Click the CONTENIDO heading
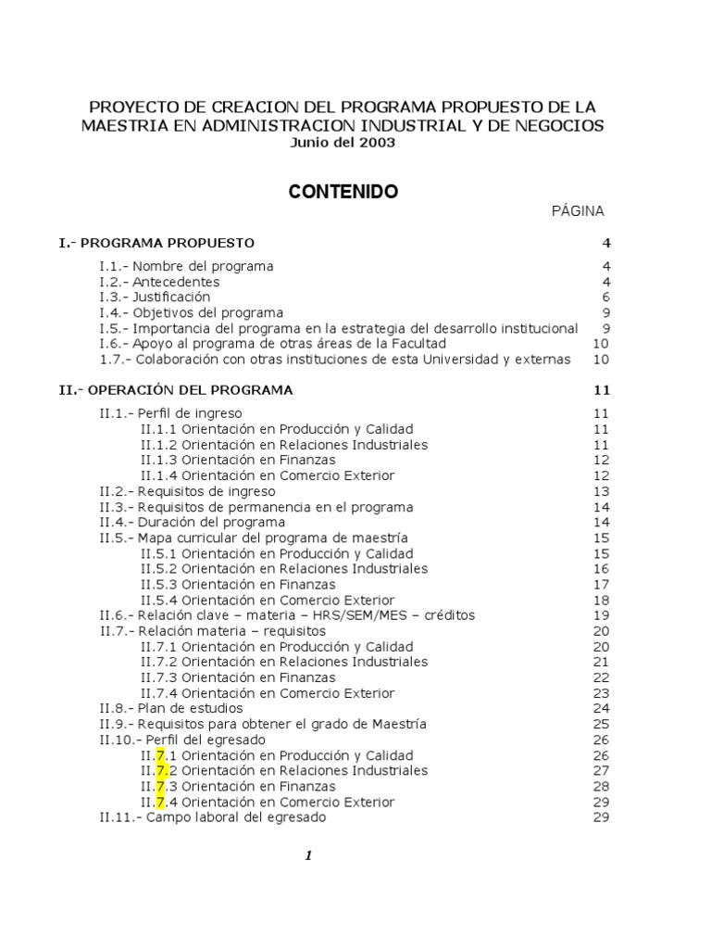point(343,192)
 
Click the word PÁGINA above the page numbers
point(578,211)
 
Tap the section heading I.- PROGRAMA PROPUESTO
point(156,243)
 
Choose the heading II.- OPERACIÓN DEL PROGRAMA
point(176,390)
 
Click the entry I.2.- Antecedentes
point(159,282)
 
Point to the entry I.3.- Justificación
point(155,297)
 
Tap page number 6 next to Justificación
point(605,297)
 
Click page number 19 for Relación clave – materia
point(601,615)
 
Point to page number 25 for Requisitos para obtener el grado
point(601,724)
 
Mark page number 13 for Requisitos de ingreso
point(601,491)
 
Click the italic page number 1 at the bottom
point(309,855)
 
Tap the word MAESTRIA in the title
point(121,125)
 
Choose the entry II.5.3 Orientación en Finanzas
point(238,585)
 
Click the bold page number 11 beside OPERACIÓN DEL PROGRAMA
point(602,390)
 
